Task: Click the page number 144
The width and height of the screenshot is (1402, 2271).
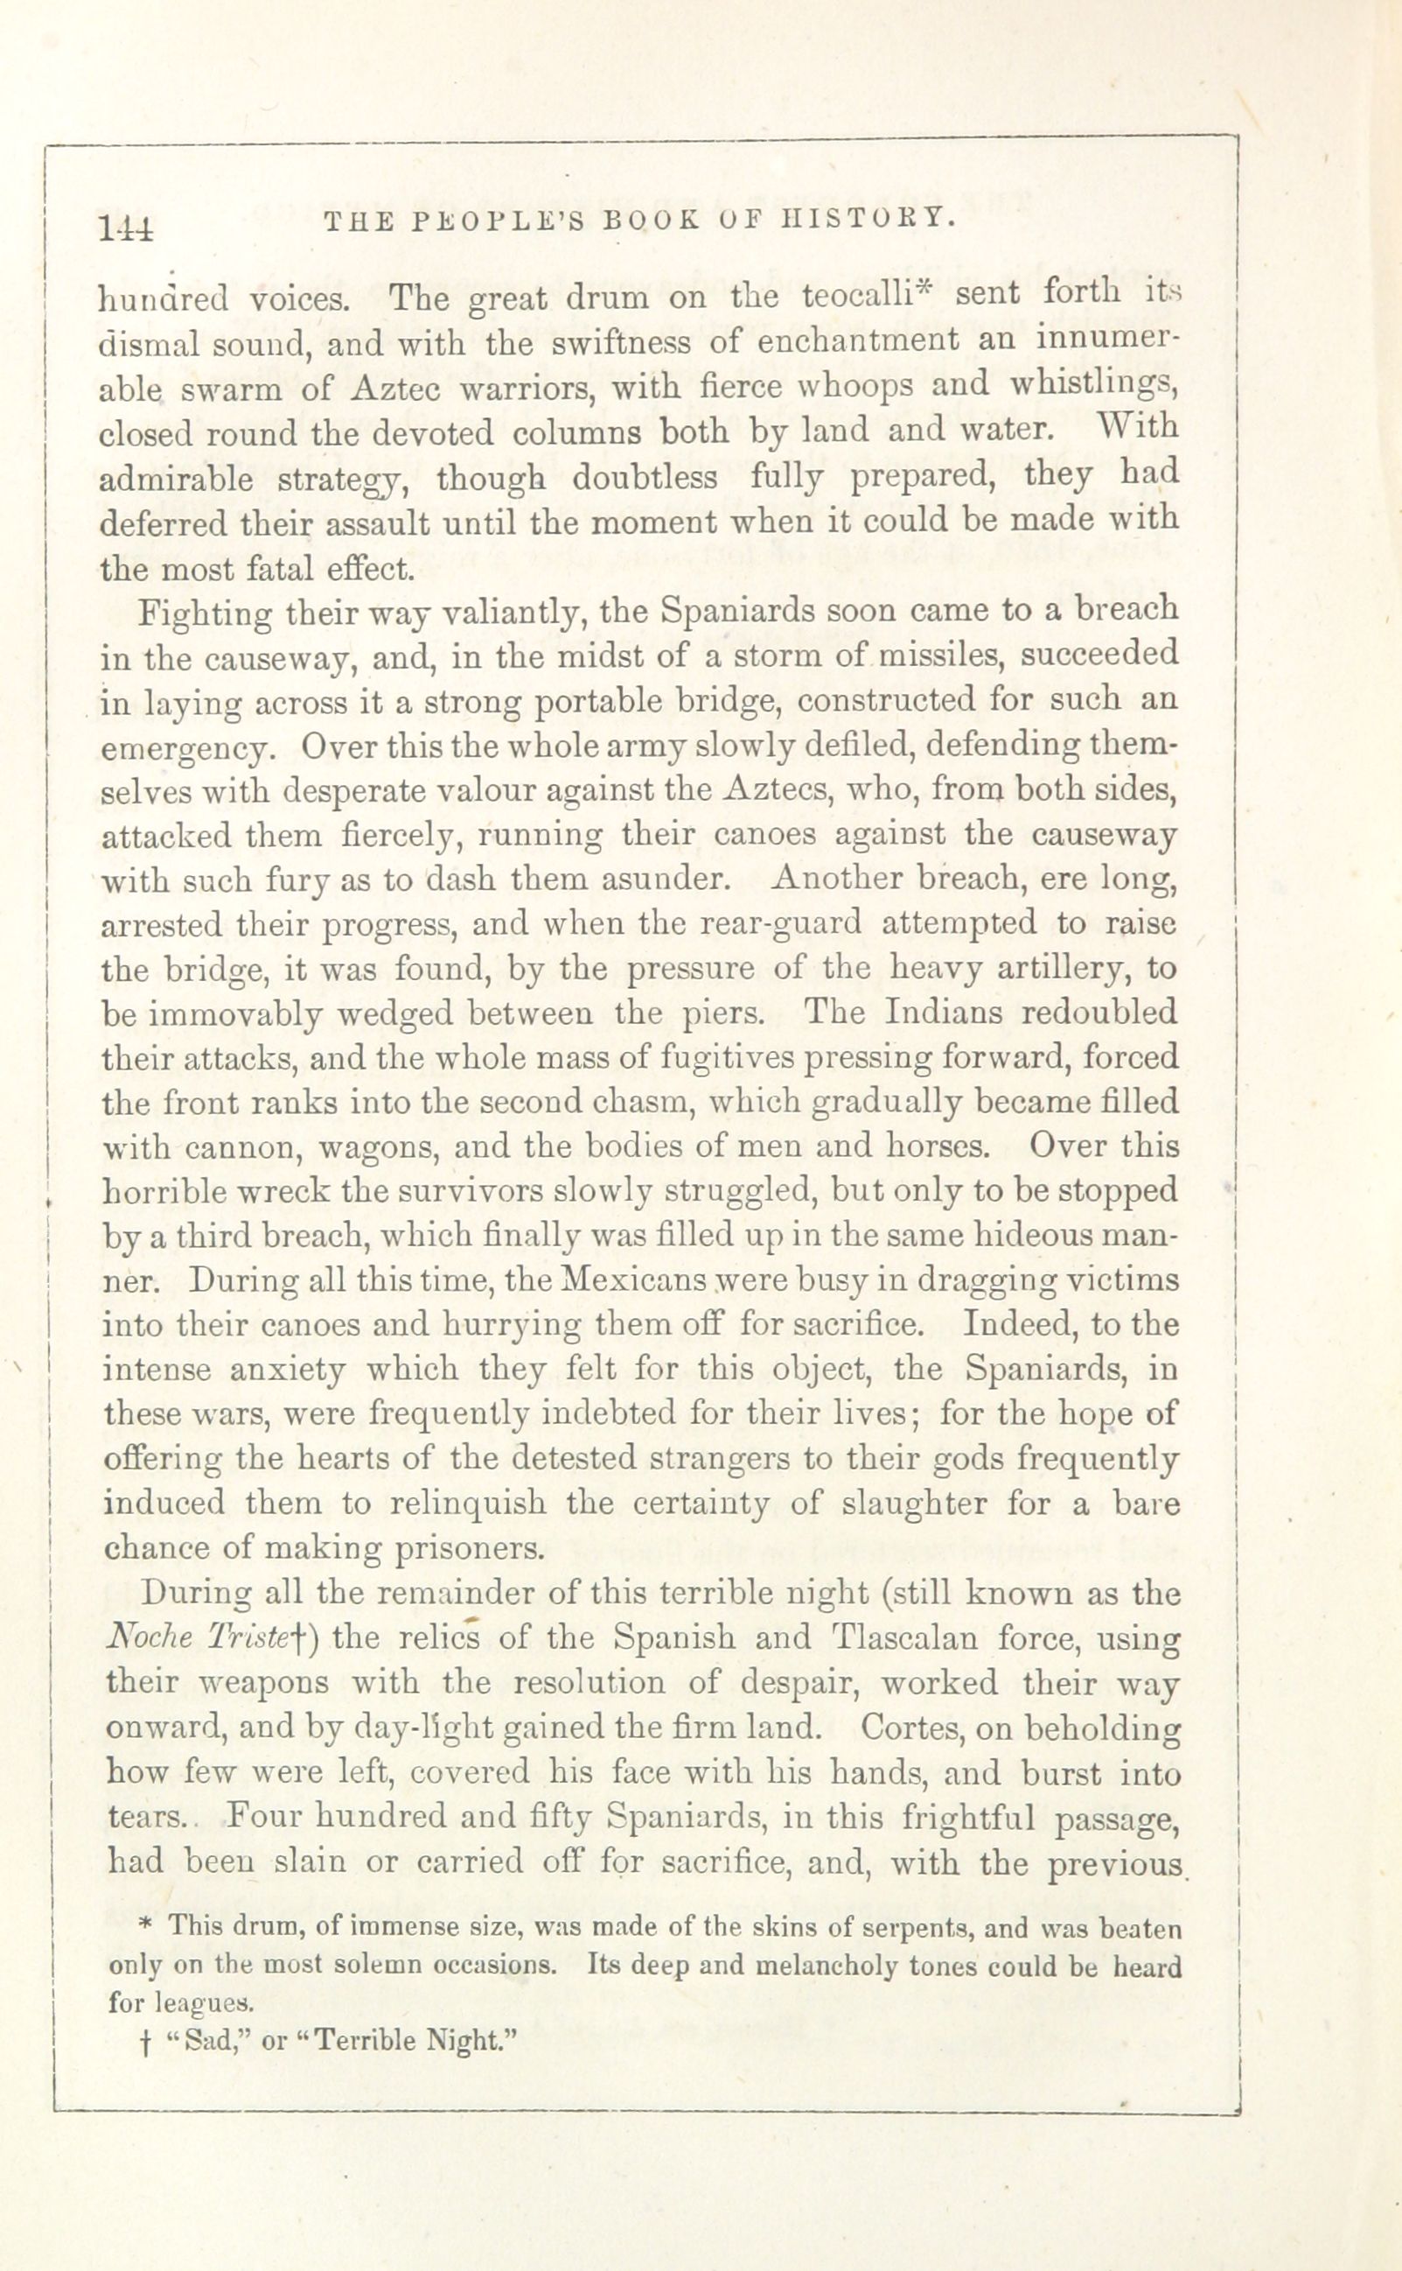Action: [128, 228]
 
